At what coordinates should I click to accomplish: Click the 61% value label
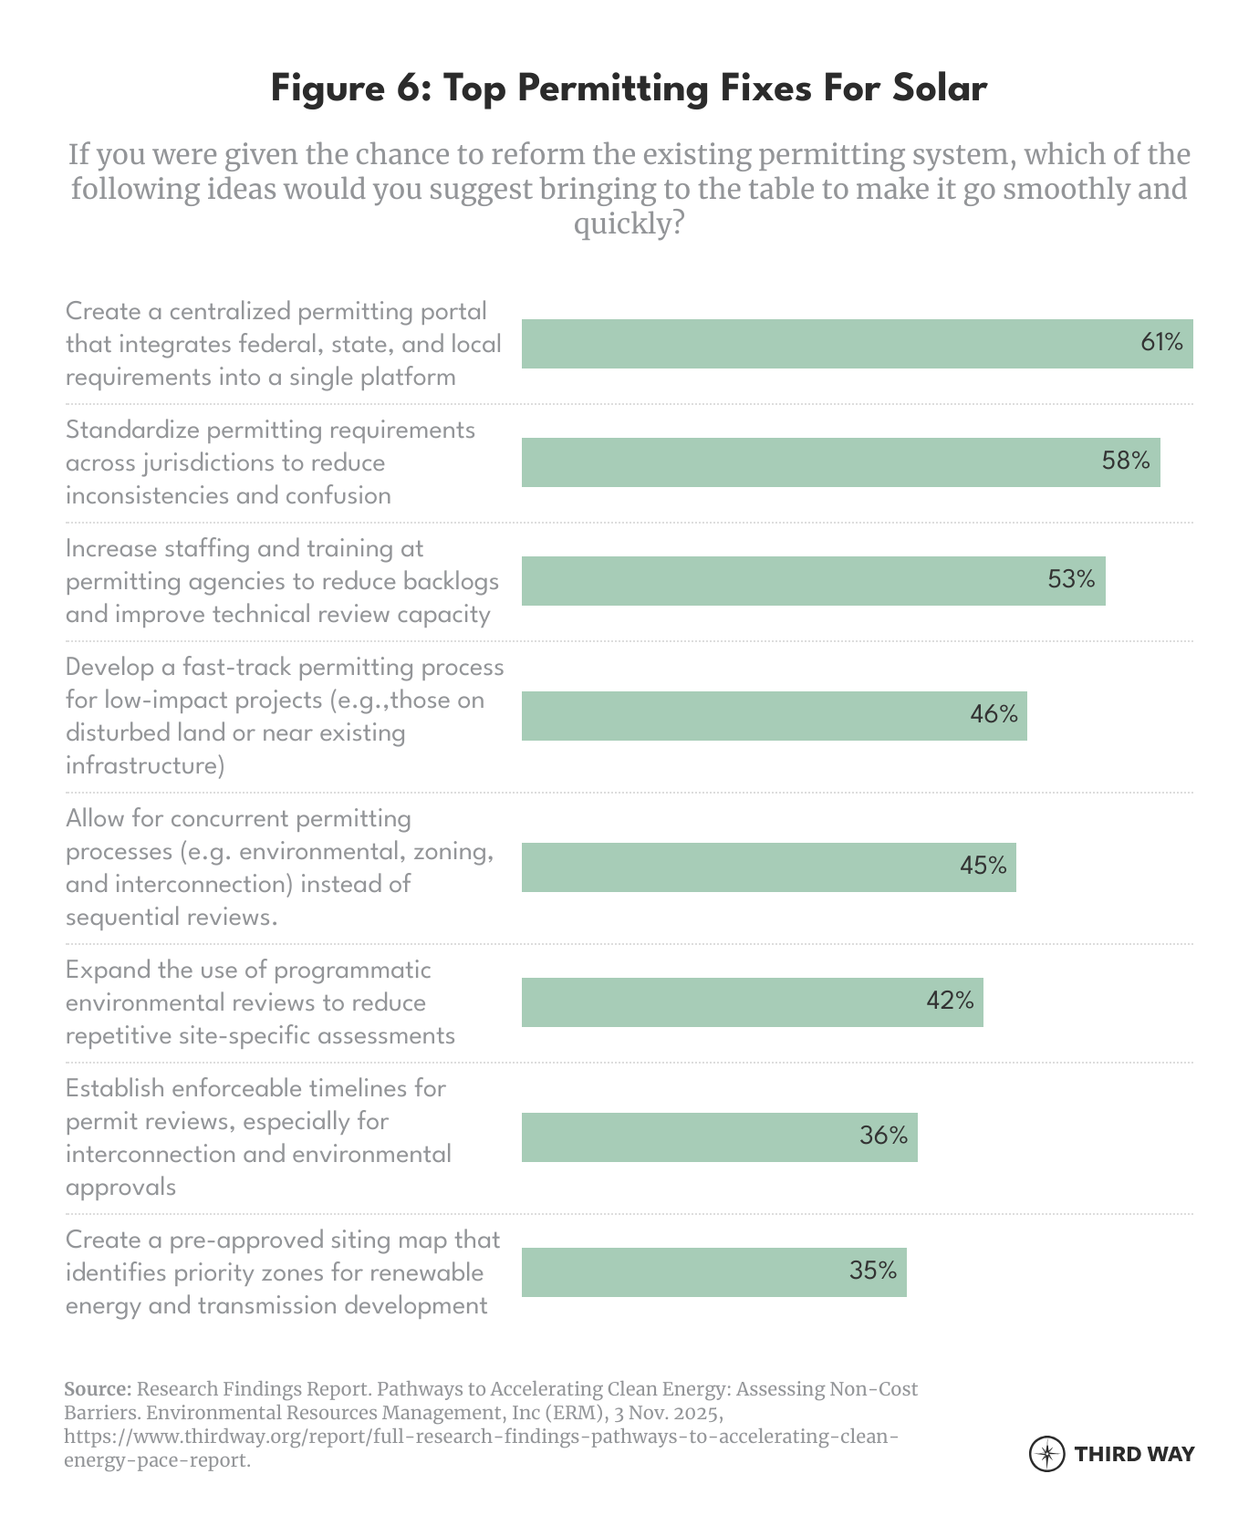tap(1161, 343)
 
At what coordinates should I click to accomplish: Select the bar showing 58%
tap(839, 462)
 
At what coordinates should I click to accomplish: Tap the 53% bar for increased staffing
tap(812, 580)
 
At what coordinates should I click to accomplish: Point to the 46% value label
tap(994, 714)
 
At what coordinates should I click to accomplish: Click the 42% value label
tap(950, 1001)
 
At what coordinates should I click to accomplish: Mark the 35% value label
tap(873, 1271)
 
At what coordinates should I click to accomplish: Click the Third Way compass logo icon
tap(1046, 1454)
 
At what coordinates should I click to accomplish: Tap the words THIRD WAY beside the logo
tap(1134, 1454)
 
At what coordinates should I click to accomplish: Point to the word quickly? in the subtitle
tap(629, 223)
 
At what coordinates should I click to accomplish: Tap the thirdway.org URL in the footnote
tap(481, 1437)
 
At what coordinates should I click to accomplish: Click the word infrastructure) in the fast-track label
tap(145, 765)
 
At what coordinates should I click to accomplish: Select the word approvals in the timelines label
tap(120, 1187)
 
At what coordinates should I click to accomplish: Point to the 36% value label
tap(883, 1136)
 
